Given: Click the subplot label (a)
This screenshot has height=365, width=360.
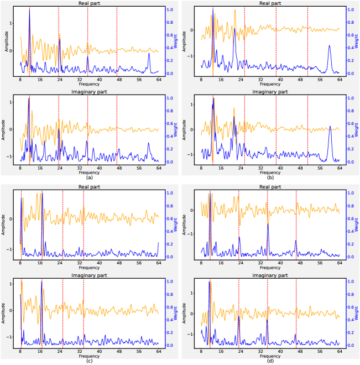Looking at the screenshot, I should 89,178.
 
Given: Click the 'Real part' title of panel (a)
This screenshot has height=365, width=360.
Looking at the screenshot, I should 89,3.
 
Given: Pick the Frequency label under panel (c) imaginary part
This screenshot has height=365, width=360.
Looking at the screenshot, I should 89,355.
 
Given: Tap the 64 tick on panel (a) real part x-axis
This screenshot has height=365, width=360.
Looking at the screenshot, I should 158,79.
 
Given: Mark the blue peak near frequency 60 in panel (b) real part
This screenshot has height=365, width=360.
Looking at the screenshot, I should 330,46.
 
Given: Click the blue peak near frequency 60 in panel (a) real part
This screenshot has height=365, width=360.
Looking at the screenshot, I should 149,54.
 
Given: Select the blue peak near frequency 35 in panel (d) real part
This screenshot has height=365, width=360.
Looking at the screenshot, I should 268,225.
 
